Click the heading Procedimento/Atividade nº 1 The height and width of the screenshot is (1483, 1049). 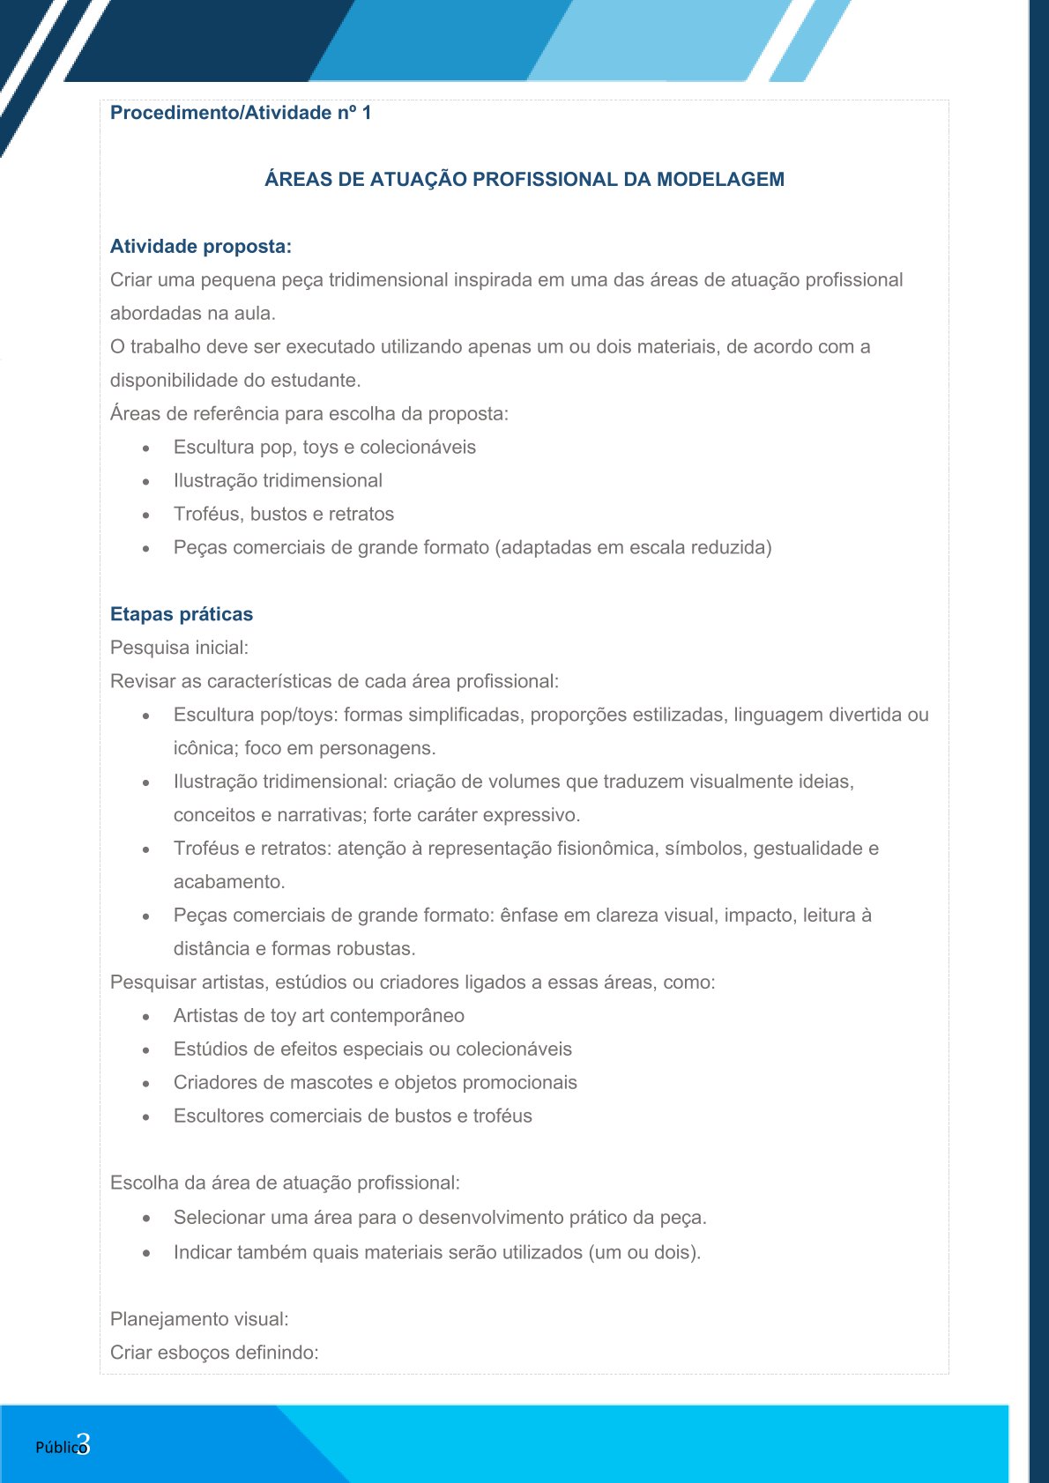point(240,113)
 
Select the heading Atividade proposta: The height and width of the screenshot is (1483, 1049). point(200,247)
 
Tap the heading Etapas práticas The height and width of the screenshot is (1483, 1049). point(181,614)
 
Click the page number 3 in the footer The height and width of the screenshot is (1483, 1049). point(84,1444)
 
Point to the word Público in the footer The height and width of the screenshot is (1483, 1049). point(58,1447)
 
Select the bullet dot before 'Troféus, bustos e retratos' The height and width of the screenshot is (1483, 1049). point(146,515)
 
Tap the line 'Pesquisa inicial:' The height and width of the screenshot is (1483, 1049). point(179,648)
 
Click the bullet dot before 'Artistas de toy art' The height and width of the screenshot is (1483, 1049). point(146,1017)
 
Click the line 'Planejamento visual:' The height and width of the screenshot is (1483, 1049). point(199,1319)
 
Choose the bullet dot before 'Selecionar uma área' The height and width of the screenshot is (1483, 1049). point(146,1219)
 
